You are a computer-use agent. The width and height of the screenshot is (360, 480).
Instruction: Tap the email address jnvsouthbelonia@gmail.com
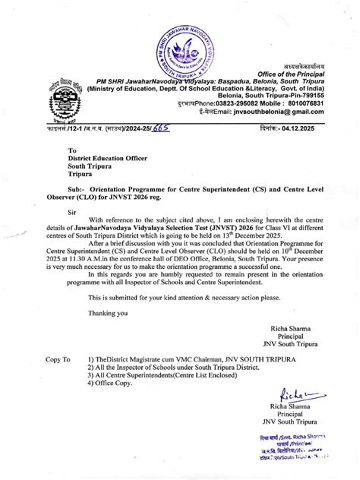(x=285, y=111)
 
